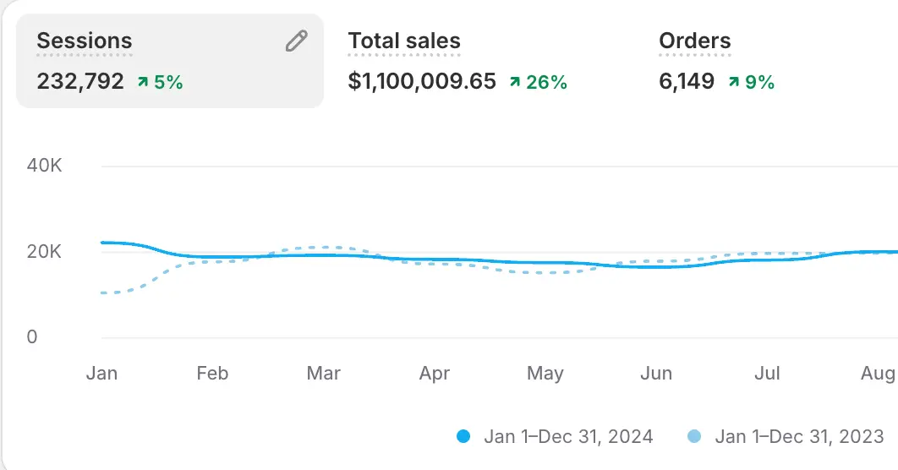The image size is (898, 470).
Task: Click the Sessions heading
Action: coord(85,41)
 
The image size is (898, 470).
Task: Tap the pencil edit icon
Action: coord(296,41)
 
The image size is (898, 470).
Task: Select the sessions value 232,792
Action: coord(80,82)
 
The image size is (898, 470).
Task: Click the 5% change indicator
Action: coord(161,82)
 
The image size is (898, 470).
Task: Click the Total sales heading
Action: coord(404,41)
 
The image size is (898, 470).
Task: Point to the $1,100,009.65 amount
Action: coord(422,82)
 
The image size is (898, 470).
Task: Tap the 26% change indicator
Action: coord(538,82)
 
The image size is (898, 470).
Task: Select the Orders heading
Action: coord(694,41)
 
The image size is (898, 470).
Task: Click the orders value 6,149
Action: coord(687,82)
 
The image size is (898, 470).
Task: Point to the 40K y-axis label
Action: coord(44,166)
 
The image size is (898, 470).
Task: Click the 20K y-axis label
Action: coord(44,252)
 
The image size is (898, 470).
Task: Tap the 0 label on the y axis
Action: coord(32,337)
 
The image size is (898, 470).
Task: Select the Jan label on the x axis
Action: coord(101,374)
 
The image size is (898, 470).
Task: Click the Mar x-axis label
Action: coord(324,374)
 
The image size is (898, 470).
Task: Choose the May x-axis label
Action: coord(545,374)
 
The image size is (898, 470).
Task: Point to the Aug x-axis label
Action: coord(879,374)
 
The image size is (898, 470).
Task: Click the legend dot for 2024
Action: coord(463,437)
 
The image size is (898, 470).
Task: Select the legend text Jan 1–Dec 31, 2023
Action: coord(799,437)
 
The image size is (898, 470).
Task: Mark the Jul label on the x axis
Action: coord(767,374)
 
